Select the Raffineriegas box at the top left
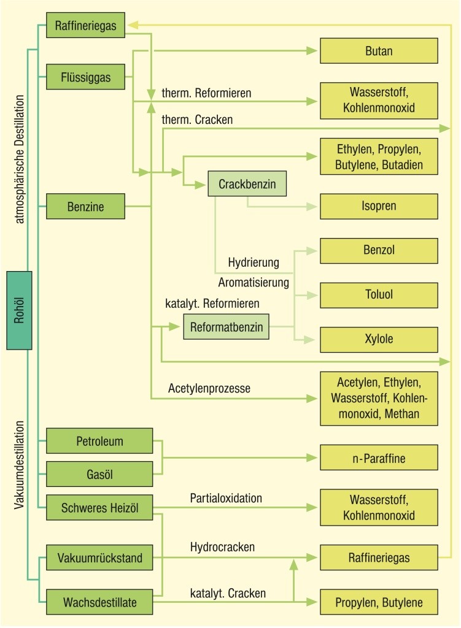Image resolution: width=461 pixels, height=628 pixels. [86, 25]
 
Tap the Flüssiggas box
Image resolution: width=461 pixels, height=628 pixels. [86, 77]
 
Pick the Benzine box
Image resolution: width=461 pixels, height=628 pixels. [86, 207]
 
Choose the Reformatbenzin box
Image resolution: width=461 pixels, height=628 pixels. [227, 327]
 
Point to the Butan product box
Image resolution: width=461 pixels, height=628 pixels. [379, 51]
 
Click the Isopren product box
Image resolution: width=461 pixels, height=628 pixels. [379, 207]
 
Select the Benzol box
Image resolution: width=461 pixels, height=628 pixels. [379, 250]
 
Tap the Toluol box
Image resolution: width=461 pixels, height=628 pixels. [379, 295]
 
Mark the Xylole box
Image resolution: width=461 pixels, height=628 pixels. [379, 339]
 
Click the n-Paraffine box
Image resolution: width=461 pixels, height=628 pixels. [379, 458]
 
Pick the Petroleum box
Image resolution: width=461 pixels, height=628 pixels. [99, 441]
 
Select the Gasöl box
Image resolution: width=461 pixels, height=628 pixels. [99, 474]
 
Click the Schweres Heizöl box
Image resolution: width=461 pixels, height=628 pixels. [99, 507]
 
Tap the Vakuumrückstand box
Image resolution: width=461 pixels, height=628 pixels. [99, 558]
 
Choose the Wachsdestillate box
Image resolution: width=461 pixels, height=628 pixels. [99, 602]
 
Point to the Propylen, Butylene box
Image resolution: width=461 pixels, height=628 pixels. [379, 602]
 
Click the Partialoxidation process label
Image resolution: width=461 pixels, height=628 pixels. [226, 497]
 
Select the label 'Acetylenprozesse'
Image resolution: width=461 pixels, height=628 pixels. [209, 388]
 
